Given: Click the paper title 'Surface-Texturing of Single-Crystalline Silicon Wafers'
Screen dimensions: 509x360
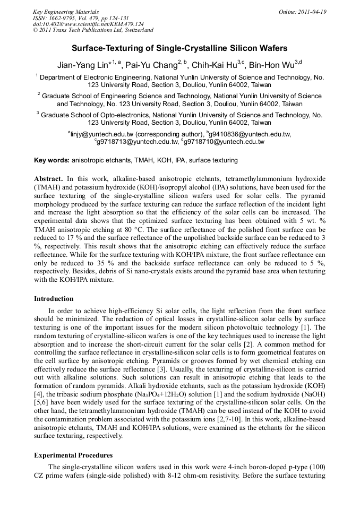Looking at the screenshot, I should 179,48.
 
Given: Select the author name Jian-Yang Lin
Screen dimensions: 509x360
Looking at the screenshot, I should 84,65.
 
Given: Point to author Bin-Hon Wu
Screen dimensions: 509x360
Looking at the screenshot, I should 274,65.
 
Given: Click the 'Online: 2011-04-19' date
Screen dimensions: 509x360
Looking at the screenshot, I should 302,12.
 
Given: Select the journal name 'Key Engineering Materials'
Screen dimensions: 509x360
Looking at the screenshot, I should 66,12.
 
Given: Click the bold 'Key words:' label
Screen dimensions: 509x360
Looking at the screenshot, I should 52,160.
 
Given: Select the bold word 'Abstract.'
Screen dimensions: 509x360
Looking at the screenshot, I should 48,179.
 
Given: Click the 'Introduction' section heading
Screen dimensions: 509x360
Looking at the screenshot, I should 54,299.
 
